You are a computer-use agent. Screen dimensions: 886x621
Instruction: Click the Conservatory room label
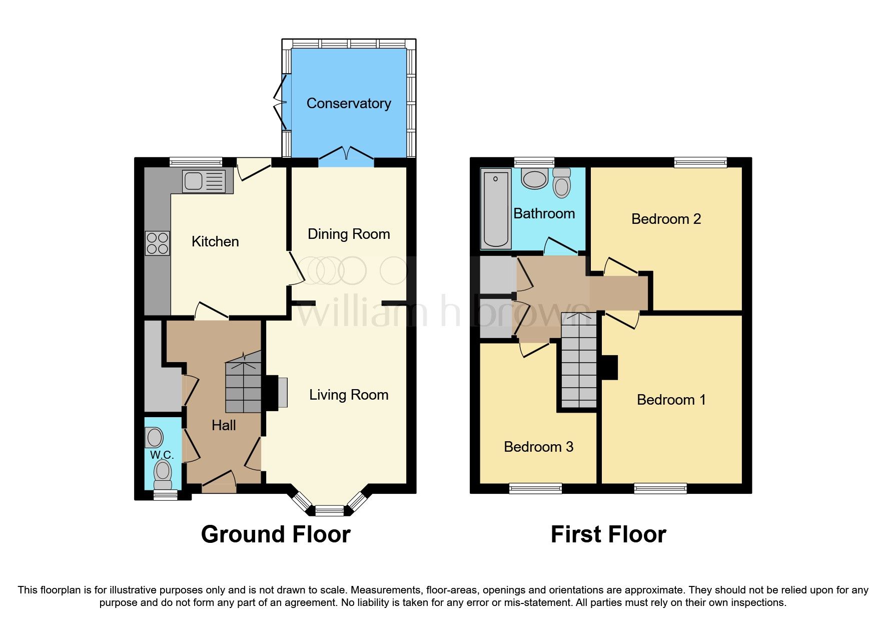click(x=349, y=104)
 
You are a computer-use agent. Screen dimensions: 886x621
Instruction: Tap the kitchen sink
click(x=208, y=181)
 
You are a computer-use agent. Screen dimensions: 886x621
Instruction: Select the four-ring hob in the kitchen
click(x=158, y=243)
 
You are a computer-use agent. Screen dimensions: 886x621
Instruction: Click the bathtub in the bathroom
click(x=496, y=208)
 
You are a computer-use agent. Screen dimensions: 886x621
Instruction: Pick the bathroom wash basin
click(x=534, y=178)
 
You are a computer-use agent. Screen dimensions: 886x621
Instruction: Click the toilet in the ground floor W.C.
click(x=163, y=474)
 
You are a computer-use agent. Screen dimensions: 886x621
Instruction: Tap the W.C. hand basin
click(x=155, y=437)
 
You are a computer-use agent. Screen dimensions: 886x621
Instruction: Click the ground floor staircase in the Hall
click(x=244, y=382)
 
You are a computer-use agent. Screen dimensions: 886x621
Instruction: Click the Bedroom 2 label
click(x=666, y=219)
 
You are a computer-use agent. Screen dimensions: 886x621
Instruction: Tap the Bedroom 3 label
click(x=538, y=447)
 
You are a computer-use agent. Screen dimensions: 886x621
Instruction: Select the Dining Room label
click(x=349, y=234)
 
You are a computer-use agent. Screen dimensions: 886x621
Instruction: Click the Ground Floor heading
click(x=276, y=534)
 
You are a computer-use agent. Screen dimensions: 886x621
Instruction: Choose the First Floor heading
click(x=608, y=534)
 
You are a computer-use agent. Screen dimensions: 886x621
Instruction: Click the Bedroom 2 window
click(x=700, y=162)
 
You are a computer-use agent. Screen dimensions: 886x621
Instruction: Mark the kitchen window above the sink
click(x=196, y=162)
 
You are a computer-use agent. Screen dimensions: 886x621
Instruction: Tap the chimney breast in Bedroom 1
click(x=610, y=367)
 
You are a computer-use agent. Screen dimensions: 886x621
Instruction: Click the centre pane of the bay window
click(x=330, y=511)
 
